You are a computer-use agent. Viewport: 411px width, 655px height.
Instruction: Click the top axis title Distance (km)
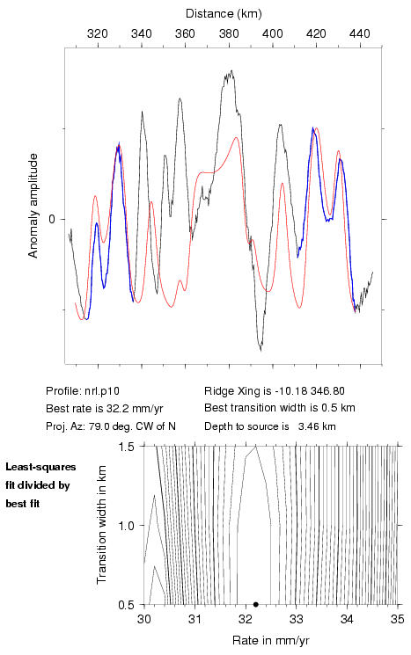[224, 14]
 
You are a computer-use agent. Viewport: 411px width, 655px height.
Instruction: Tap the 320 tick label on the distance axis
[98, 33]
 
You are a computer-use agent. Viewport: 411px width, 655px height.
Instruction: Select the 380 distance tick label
[229, 33]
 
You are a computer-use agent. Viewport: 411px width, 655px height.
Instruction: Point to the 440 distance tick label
[360, 33]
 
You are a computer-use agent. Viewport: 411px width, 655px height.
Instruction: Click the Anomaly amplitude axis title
[33, 206]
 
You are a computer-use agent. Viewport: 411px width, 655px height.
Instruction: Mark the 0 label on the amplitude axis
[52, 219]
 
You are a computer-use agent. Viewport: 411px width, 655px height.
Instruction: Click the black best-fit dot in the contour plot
[256, 604]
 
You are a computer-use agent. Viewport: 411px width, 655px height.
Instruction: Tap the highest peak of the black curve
[231, 71]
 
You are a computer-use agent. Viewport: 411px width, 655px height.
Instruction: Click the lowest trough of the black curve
[261, 350]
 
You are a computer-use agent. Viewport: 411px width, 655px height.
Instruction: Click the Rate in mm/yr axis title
[270, 640]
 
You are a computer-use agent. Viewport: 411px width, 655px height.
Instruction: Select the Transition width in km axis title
[102, 525]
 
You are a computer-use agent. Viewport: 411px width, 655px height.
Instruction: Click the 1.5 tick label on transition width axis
[126, 446]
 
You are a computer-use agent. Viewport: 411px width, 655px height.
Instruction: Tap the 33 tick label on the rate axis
[296, 619]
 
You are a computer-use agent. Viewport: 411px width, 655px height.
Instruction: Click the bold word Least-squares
[40, 467]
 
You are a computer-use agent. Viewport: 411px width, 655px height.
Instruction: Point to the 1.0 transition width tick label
[126, 526]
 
